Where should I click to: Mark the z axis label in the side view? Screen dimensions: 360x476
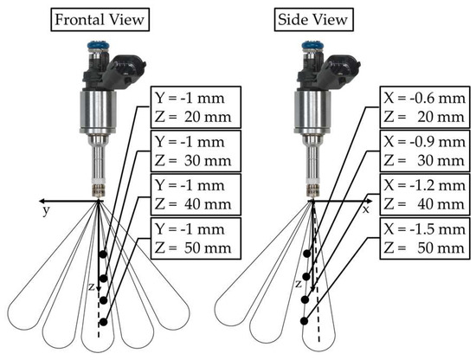pos(298,283)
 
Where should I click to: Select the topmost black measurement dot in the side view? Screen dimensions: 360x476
pos(309,254)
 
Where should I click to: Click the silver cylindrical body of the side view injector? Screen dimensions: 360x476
pos(309,112)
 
